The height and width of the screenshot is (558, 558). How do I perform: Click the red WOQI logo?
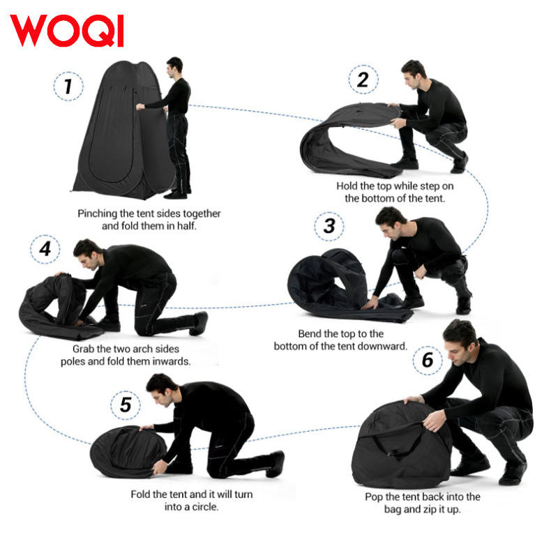pyautogui.click(x=67, y=30)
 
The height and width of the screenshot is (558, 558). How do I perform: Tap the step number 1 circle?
pyautogui.click(x=68, y=86)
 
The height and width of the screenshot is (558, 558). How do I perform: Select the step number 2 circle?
pyautogui.click(x=363, y=80)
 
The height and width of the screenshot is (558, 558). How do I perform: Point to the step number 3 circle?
pyautogui.click(x=329, y=226)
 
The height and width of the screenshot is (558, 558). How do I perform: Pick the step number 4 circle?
pyautogui.click(x=45, y=249)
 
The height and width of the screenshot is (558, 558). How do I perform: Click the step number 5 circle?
pyautogui.click(x=126, y=405)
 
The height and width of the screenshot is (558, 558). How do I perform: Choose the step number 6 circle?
pyautogui.click(x=428, y=360)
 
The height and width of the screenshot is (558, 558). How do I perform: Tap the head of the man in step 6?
pyautogui.click(x=460, y=342)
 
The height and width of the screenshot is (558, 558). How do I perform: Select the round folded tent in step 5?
pyautogui.click(x=128, y=452)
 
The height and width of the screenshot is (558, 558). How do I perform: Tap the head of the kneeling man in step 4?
pyautogui.click(x=87, y=254)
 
